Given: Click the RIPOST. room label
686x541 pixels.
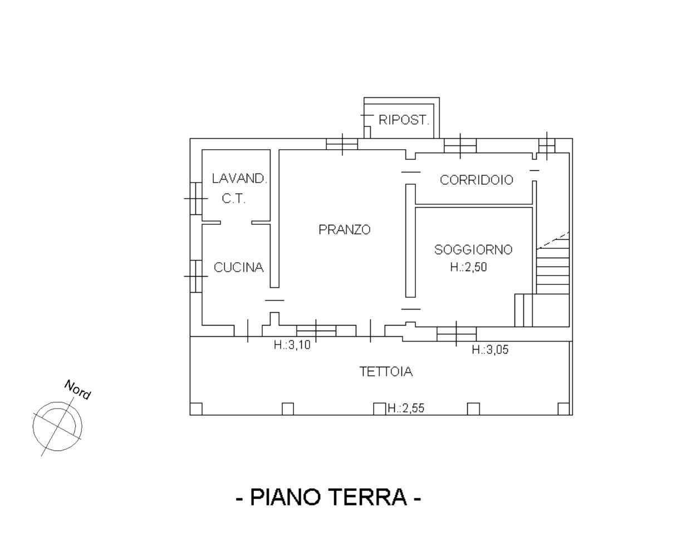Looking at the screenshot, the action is pos(404,120).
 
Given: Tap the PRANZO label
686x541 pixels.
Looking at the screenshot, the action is pos(345,229).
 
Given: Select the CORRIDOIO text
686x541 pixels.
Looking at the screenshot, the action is pos(477,180).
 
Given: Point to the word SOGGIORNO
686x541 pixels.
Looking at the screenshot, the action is pos(473,249).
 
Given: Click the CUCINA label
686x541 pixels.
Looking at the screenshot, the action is pos(239,267).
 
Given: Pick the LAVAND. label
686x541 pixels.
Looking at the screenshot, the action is pos(239,179).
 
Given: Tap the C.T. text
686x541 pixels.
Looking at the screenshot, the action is pos(234,199).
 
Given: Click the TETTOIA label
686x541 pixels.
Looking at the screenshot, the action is pos(386,371).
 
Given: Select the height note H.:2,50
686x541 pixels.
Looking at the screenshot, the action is pos(469,267).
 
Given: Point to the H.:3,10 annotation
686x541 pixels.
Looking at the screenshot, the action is pos(292,345).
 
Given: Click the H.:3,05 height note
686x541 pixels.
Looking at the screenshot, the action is pos(490,350).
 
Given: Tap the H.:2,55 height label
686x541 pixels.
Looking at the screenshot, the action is pos(406,408).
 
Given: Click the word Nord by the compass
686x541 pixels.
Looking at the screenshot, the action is pos(77,390).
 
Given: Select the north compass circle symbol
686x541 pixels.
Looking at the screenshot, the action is pos(58,426).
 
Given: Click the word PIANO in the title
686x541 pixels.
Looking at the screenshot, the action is pos(285,496).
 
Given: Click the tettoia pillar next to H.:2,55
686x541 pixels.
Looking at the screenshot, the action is pos(379,409).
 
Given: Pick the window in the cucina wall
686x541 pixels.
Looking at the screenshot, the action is pos(197,276).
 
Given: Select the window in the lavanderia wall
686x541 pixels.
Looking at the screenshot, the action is pos(197,199).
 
